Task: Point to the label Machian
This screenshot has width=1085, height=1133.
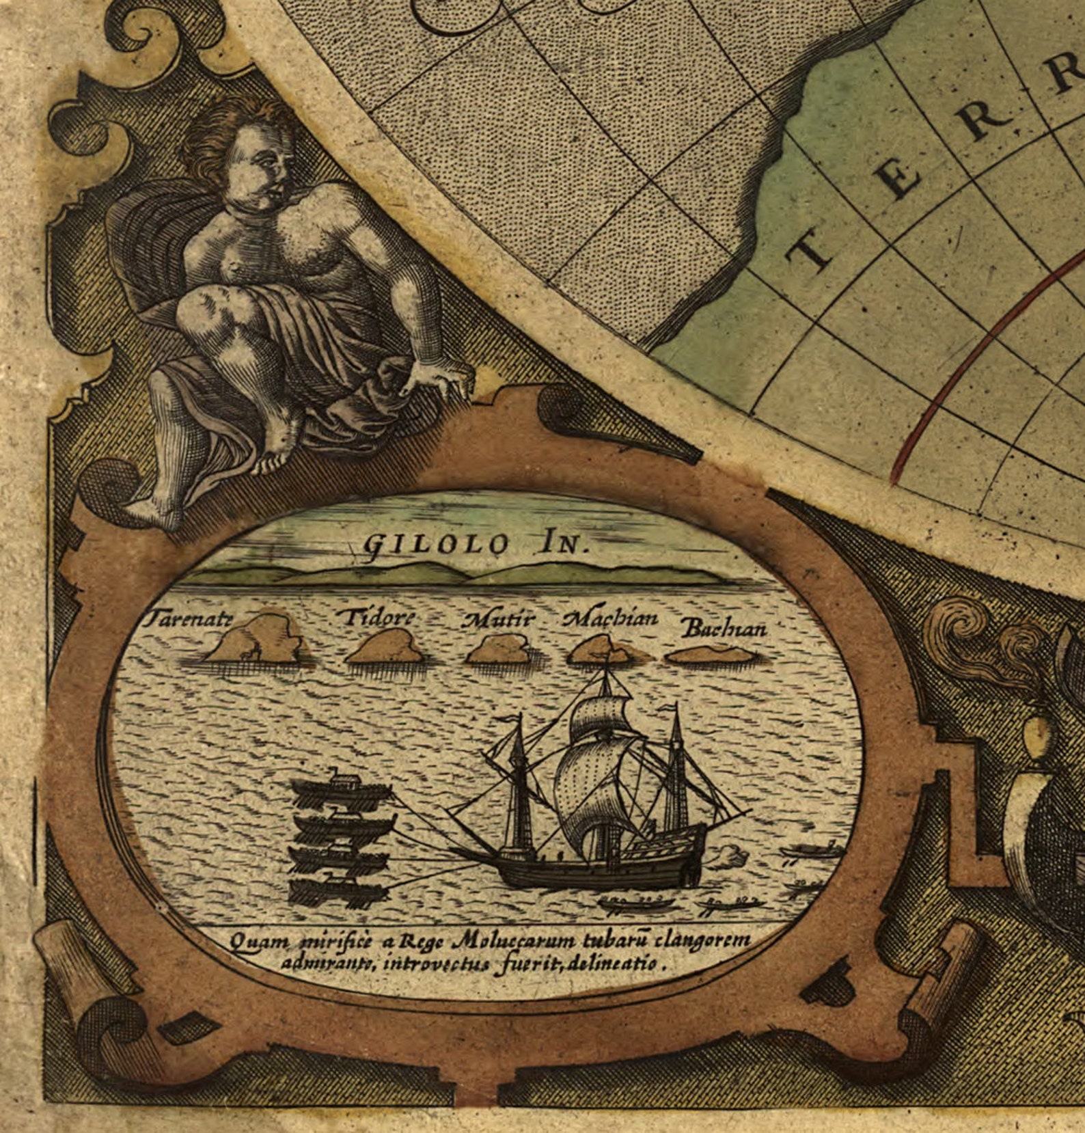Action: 610,619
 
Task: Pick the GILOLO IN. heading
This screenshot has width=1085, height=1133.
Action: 476,544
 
